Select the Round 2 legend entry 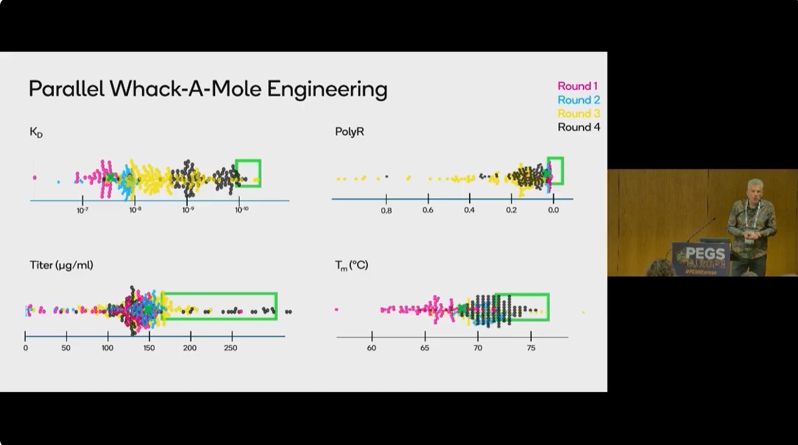pyautogui.click(x=578, y=100)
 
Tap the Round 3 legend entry pyautogui.click(x=578, y=113)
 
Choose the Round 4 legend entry pyautogui.click(x=578, y=127)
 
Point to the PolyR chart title pyautogui.click(x=350, y=131)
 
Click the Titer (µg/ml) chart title pyautogui.click(x=62, y=265)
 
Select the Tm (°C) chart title pyautogui.click(x=351, y=265)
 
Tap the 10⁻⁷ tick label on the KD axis pyautogui.click(x=83, y=210)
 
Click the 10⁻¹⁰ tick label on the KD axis pyautogui.click(x=241, y=210)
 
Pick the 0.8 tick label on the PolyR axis pyautogui.click(x=386, y=210)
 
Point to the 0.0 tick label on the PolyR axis pyautogui.click(x=553, y=210)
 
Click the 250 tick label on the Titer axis pyautogui.click(x=231, y=348)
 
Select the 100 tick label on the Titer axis pyautogui.click(x=108, y=348)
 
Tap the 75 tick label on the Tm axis pyautogui.click(x=531, y=348)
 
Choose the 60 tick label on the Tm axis pyautogui.click(x=372, y=348)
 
